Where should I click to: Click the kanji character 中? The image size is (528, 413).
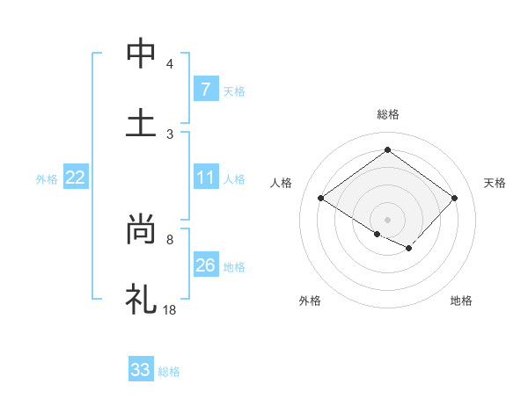[x=141, y=54]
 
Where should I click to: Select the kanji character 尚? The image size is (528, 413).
[x=141, y=230]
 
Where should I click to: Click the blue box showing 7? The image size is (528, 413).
[x=205, y=90]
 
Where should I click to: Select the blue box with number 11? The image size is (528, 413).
[x=205, y=178]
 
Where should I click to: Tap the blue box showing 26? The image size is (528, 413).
[x=205, y=265]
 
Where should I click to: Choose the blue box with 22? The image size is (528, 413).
[x=76, y=178]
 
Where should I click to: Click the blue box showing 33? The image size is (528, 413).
[x=141, y=370]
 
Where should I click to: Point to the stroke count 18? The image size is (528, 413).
[x=170, y=309]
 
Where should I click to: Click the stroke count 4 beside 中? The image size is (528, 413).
[x=170, y=64]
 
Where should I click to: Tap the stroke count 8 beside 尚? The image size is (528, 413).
[x=170, y=239]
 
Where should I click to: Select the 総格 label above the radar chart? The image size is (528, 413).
[x=388, y=114]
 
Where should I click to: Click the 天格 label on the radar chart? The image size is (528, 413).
[x=495, y=183]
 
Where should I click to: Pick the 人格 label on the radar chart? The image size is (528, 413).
[x=282, y=183]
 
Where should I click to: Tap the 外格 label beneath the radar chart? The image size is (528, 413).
[x=310, y=301]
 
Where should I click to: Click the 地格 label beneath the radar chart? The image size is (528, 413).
[x=461, y=301]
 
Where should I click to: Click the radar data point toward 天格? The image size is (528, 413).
[x=454, y=199]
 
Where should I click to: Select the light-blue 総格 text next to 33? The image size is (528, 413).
[x=169, y=372]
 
